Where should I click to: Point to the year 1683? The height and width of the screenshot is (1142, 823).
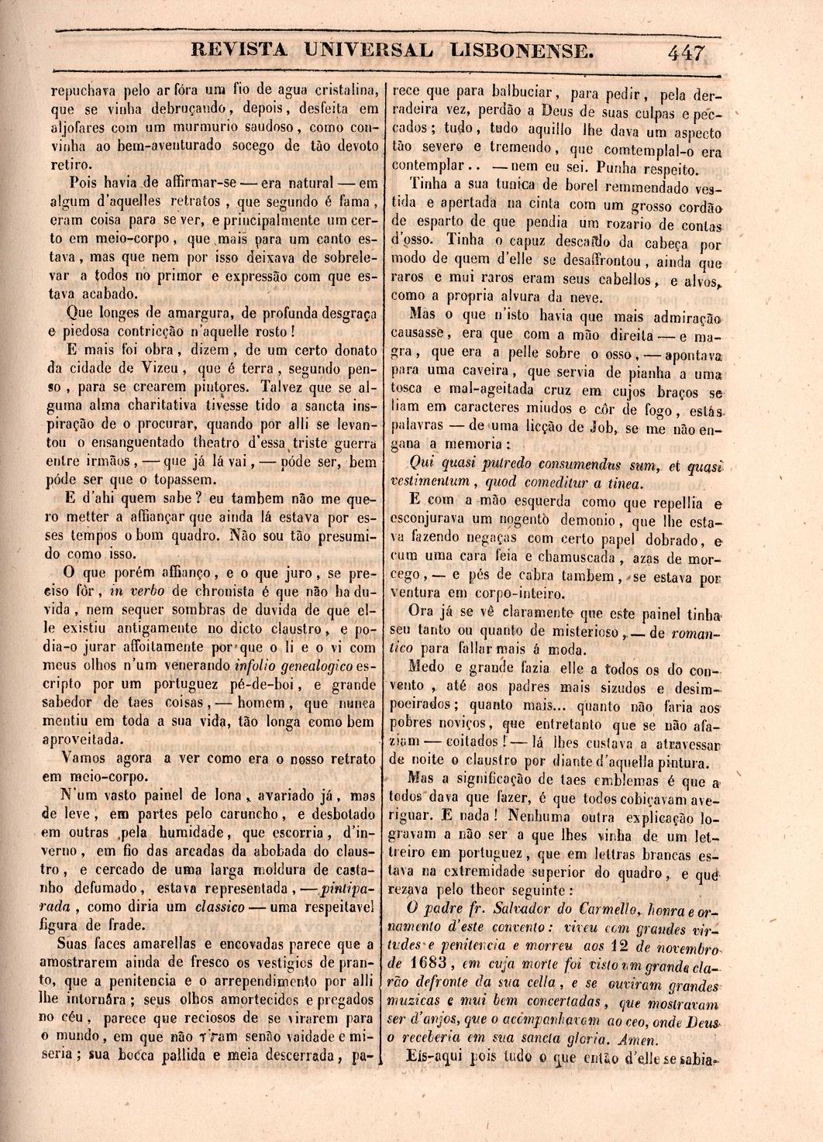[x=430, y=963]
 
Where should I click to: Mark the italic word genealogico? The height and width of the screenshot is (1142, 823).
[x=307, y=666]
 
